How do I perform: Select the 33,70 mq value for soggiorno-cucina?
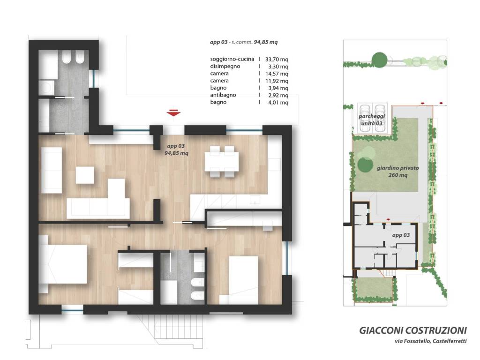[x=277, y=60]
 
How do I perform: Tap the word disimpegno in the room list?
[x=225, y=67]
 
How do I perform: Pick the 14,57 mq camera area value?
[x=277, y=74]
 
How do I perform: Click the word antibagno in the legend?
[x=223, y=95]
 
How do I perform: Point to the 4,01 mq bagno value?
[x=278, y=103]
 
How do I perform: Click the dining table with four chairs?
[x=222, y=161]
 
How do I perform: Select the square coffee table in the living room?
[x=85, y=175]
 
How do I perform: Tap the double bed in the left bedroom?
[x=63, y=264]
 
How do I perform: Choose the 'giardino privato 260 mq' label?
[x=397, y=172]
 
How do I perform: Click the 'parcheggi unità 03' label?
[x=372, y=120]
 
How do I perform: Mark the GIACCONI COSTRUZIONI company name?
[x=413, y=330]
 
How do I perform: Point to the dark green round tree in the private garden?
[x=365, y=165]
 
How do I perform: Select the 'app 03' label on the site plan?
[x=401, y=235]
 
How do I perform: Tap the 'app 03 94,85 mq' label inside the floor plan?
[x=176, y=150]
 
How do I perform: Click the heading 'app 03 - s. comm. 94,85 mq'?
[x=244, y=42]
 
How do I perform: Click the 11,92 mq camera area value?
[x=277, y=81]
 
